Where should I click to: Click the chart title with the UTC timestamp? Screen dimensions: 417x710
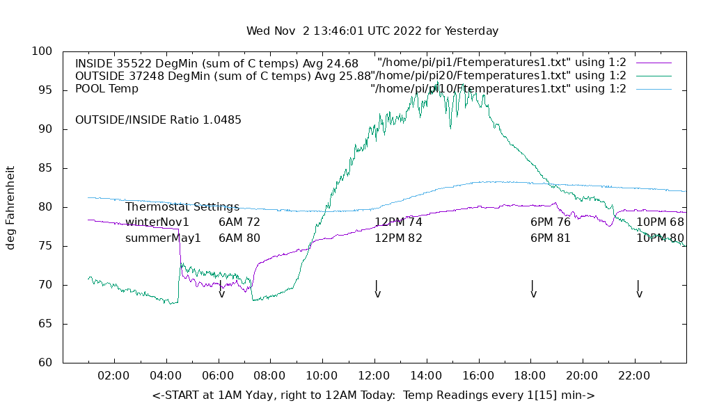tap(372, 31)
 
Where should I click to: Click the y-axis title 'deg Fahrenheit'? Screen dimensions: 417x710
tap(10, 207)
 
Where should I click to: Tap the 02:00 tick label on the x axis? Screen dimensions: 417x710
tap(113, 376)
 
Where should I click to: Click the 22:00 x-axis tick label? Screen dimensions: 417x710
tap(634, 376)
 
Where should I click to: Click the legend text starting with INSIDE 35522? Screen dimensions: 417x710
tap(216, 63)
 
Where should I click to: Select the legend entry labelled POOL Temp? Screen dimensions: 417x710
tap(106, 89)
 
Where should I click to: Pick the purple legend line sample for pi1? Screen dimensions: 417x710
tap(653, 63)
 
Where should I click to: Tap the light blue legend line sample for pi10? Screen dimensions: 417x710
tap(653, 89)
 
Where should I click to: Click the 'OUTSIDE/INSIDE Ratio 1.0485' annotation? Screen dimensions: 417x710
tap(158, 120)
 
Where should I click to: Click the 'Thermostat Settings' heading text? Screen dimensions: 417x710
tap(182, 207)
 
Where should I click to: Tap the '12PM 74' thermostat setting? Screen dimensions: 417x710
tap(398, 222)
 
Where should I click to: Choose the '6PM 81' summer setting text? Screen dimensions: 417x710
tap(550, 238)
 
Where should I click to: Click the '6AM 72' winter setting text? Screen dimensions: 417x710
tap(239, 222)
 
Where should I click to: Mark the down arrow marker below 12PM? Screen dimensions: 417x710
tap(377, 290)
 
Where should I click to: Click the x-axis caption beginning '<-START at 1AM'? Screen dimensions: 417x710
tap(373, 395)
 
